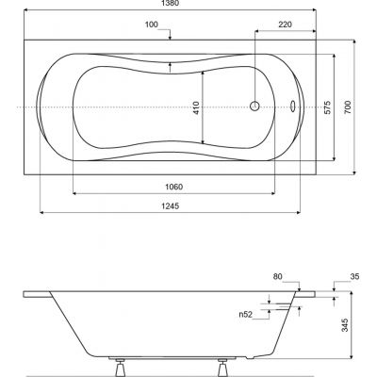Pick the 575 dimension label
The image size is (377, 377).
pos(327,107)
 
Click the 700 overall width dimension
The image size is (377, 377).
pos(350,107)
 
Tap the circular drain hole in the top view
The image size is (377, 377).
pos(254,107)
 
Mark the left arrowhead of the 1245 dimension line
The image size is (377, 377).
pos(41,217)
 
